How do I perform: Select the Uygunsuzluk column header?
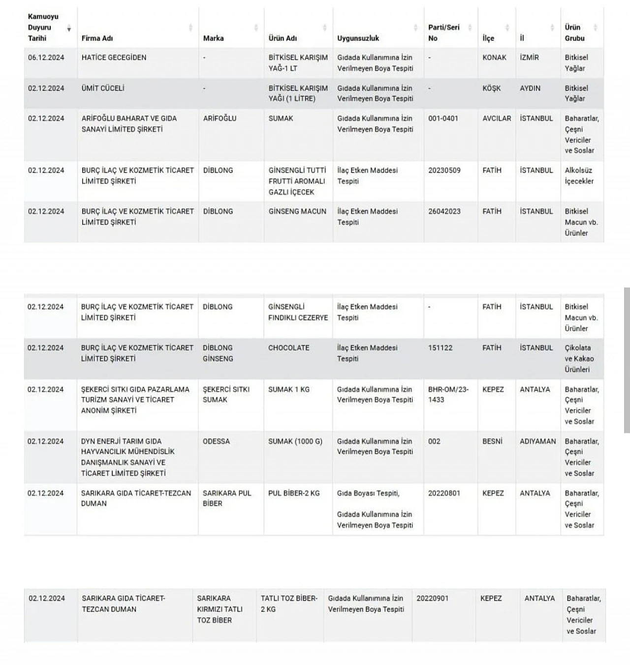[x=358, y=38]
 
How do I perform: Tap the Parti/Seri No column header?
[x=443, y=32]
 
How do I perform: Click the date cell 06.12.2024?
[x=46, y=58]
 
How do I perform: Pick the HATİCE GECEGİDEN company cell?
[x=114, y=58]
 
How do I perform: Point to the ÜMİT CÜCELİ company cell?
[x=103, y=88]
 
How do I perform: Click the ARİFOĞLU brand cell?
[x=220, y=118]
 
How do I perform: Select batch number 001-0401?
[x=443, y=118]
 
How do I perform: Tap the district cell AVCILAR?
[x=497, y=118]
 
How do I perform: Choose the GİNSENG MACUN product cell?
[x=297, y=211]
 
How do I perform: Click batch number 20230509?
[x=444, y=171]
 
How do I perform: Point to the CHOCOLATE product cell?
[x=289, y=348]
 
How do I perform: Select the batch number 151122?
[x=440, y=348]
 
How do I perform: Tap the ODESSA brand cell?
[x=216, y=441]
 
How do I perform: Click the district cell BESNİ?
[x=492, y=441]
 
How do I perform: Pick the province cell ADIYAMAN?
[x=537, y=441]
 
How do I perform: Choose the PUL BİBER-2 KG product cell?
[x=294, y=493]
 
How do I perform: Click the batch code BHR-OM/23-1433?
[x=448, y=395]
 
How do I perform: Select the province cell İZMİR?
[x=529, y=58]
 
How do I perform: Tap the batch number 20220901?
[x=432, y=599]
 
